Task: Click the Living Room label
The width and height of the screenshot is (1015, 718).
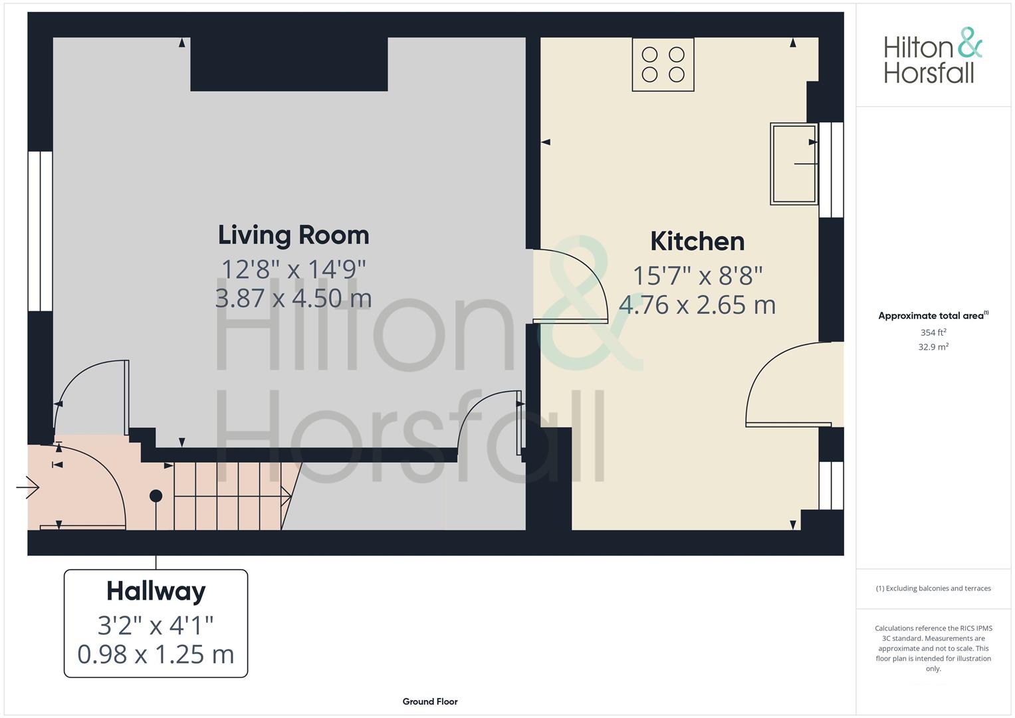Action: tap(294, 235)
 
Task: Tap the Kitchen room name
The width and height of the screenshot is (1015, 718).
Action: tap(697, 241)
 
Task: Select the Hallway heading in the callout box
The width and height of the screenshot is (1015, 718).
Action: tap(156, 592)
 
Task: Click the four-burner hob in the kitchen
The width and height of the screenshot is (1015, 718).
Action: tap(663, 64)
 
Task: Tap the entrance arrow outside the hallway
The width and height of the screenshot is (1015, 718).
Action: tap(28, 487)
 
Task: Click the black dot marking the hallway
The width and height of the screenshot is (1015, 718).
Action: tap(156, 496)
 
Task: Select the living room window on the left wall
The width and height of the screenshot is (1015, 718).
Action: tap(41, 231)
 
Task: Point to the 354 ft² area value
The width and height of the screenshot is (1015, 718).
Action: tap(933, 332)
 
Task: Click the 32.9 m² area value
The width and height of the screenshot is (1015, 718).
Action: tap(933, 347)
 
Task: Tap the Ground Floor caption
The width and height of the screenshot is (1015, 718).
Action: tap(430, 701)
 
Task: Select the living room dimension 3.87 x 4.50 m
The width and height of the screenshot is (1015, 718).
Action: tap(294, 299)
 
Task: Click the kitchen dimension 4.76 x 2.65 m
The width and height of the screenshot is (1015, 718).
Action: tap(697, 304)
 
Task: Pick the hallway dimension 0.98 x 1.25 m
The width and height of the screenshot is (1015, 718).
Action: tap(156, 655)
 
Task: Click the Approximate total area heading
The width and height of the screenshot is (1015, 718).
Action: tap(933, 316)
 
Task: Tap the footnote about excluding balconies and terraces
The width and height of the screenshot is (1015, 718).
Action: tap(933, 588)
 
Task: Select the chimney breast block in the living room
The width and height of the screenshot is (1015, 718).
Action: tap(289, 64)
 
